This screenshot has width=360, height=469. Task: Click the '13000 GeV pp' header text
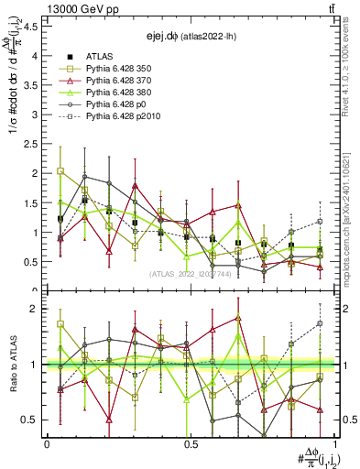(73, 8)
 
